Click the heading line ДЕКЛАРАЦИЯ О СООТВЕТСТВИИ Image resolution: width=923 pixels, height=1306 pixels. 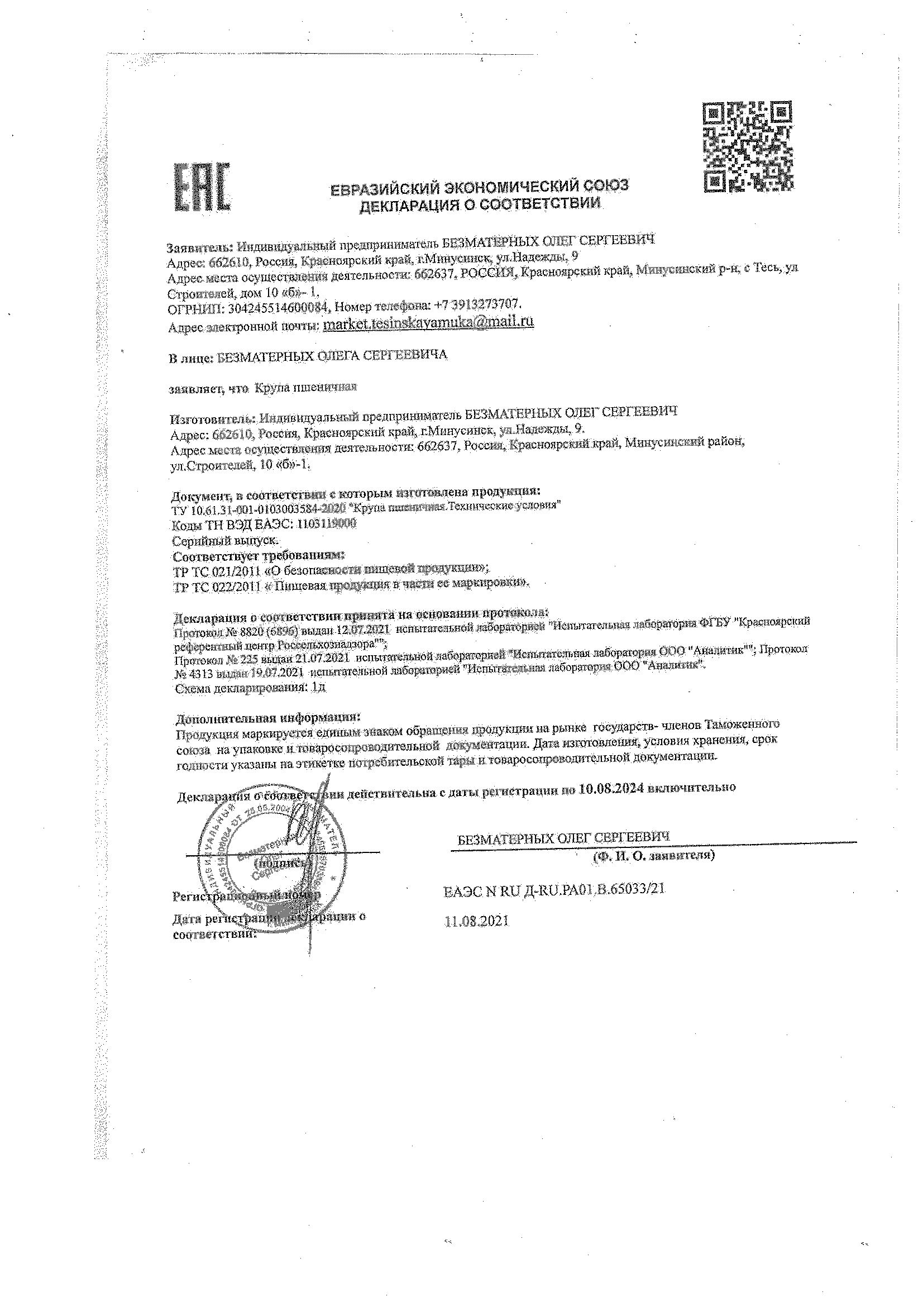tap(479, 204)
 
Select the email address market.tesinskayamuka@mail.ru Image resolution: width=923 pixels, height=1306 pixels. tap(428, 322)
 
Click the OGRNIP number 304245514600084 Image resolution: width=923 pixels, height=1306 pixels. tap(279, 308)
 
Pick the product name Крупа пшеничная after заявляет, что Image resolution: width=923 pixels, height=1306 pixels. tap(305, 388)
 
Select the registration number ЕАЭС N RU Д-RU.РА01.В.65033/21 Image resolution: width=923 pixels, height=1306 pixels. tap(553, 891)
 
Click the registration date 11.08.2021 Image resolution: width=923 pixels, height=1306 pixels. tap(476, 921)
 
